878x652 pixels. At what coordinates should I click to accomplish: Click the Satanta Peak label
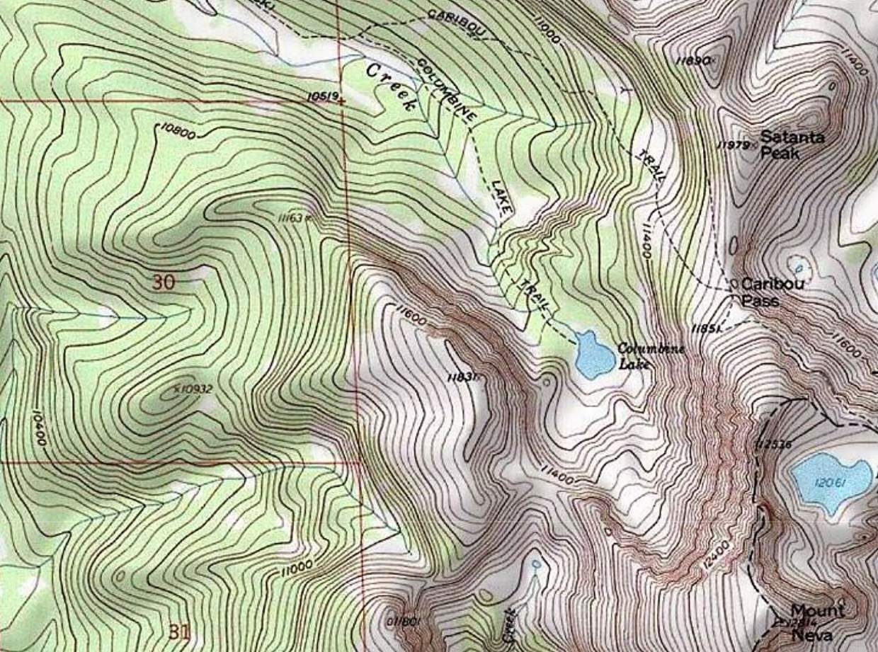[792, 144]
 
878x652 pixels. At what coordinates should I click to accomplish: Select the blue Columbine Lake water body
[593, 354]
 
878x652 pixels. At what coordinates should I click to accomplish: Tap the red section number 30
[163, 282]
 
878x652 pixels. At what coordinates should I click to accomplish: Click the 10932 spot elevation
[193, 389]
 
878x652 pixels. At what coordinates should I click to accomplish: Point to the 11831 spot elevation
[463, 378]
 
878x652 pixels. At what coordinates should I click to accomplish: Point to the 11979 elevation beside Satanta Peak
[734, 145]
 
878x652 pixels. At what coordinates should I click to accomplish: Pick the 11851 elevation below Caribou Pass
[707, 328]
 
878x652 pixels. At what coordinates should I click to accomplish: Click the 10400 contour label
[40, 425]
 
